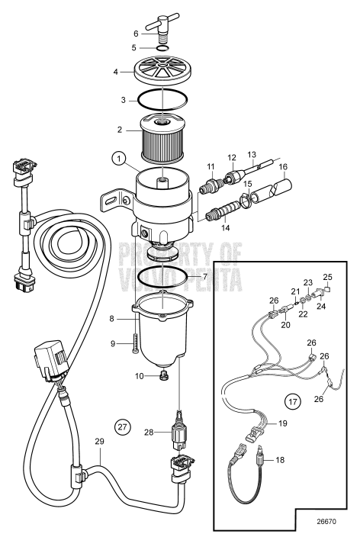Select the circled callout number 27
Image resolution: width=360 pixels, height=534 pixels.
pos(122,425)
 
